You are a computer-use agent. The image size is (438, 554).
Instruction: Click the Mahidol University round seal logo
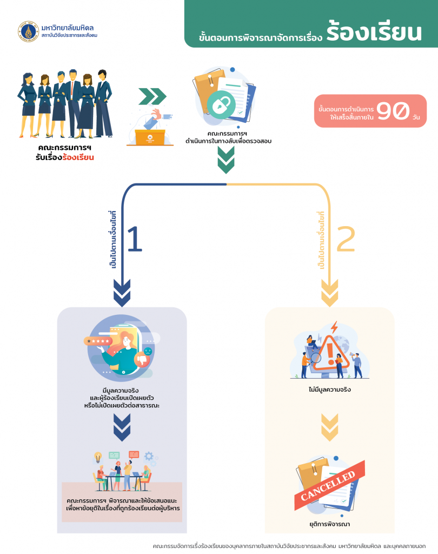(28, 32)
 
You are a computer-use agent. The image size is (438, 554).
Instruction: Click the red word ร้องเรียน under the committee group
(78, 157)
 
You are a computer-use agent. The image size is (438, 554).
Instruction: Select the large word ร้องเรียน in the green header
(374, 33)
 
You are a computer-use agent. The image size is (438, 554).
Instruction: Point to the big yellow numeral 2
(346, 239)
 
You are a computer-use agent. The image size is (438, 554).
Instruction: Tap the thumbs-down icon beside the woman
(143, 358)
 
